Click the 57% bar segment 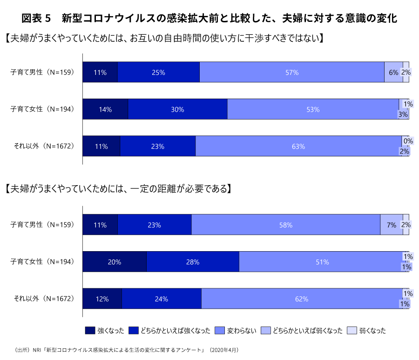point(292,72)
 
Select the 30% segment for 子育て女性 point(177,109)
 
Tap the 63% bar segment point(298,146)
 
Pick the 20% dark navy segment point(115,262)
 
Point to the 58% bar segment point(286,225)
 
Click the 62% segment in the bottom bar point(302,299)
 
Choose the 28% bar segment point(193,262)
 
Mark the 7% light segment point(392,225)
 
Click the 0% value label point(408,141)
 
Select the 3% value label point(403,114)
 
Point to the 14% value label point(105,109)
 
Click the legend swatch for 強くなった point(90,331)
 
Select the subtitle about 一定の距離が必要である point(118,189)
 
